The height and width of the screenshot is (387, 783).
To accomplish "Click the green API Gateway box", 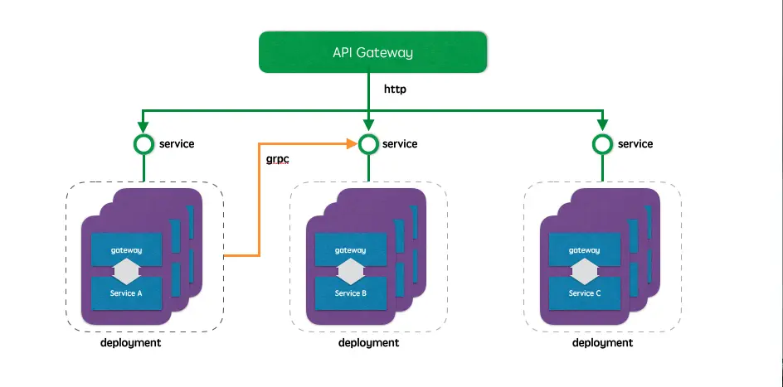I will (x=372, y=51).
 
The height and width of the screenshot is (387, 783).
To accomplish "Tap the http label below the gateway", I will (x=396, y=88).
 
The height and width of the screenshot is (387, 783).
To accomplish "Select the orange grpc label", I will (x=278, y=158).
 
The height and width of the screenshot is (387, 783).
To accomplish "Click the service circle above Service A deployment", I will (x=143, y=144).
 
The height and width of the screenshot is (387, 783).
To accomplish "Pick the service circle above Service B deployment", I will (x=369, y=144).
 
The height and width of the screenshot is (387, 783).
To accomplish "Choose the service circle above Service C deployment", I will (x=603, y=144).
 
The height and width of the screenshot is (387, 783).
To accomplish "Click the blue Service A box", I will (x=128, y=293).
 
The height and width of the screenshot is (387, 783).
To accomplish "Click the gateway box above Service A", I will (x=128, y=249).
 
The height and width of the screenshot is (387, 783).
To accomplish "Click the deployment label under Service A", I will (x=130, y=343).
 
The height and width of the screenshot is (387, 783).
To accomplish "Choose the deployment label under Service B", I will (x=368, y=343).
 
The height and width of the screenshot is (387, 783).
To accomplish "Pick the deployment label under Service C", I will (x=602, y=343).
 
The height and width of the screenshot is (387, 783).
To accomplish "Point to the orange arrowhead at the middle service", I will (x=352, y=144).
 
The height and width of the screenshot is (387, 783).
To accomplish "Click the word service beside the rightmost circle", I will (x=635, y=144).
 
